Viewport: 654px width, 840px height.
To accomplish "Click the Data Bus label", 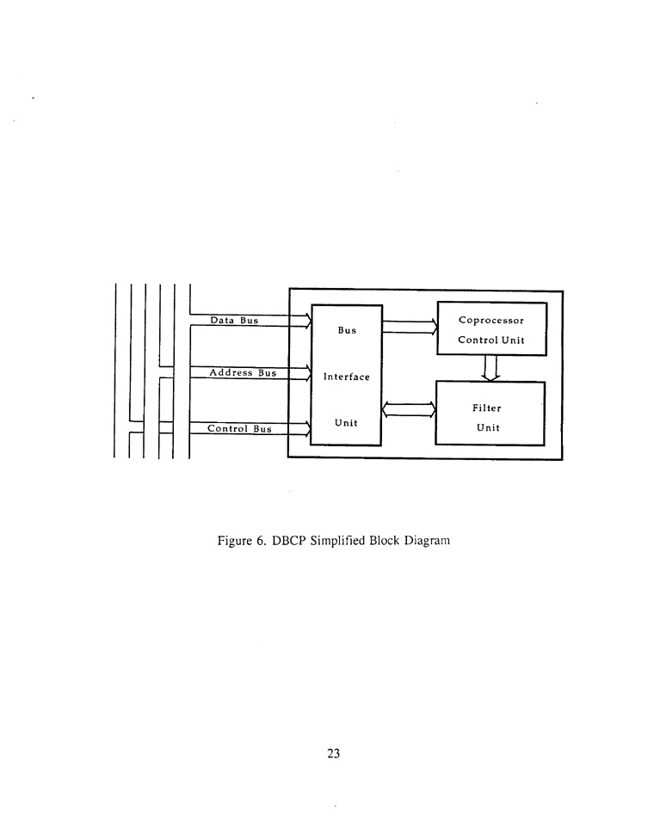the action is click(x=234, y=321).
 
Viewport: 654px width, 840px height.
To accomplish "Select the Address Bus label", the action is click(x=243, y=373).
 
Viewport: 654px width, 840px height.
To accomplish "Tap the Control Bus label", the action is click(x=239, y=428).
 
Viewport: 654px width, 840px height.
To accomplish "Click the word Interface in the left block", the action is click(x=346, y=377).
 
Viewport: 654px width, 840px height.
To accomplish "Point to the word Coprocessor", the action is click(x=491, y=321).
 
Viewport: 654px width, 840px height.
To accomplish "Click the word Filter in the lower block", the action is click(x=487, y=408).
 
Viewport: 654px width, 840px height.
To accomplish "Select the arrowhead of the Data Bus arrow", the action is click(x=308, y=321).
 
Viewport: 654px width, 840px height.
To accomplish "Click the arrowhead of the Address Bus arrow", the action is click(x=308, y=373).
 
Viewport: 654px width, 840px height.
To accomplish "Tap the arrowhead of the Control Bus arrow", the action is click(x=308, y=428).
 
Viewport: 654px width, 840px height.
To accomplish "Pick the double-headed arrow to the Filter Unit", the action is click(x=409, y=410).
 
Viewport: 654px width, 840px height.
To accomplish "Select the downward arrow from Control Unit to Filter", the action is click(x=490, y=368).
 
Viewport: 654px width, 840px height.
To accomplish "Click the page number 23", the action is click(x=333, y=754).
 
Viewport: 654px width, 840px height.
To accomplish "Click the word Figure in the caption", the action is click(x=234, y=541).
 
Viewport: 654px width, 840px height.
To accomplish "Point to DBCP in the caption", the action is click(x=288, y=541).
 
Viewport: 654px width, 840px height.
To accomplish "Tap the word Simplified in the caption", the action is click(x=337, y=541).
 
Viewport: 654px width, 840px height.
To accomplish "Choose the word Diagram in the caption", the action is click(x=427, y=541).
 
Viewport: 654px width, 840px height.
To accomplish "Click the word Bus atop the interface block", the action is click(x=347, y=330).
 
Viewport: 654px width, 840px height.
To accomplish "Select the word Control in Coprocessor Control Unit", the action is click(x=478, y=340).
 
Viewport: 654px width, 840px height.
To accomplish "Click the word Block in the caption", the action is click(x=385, y=541).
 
